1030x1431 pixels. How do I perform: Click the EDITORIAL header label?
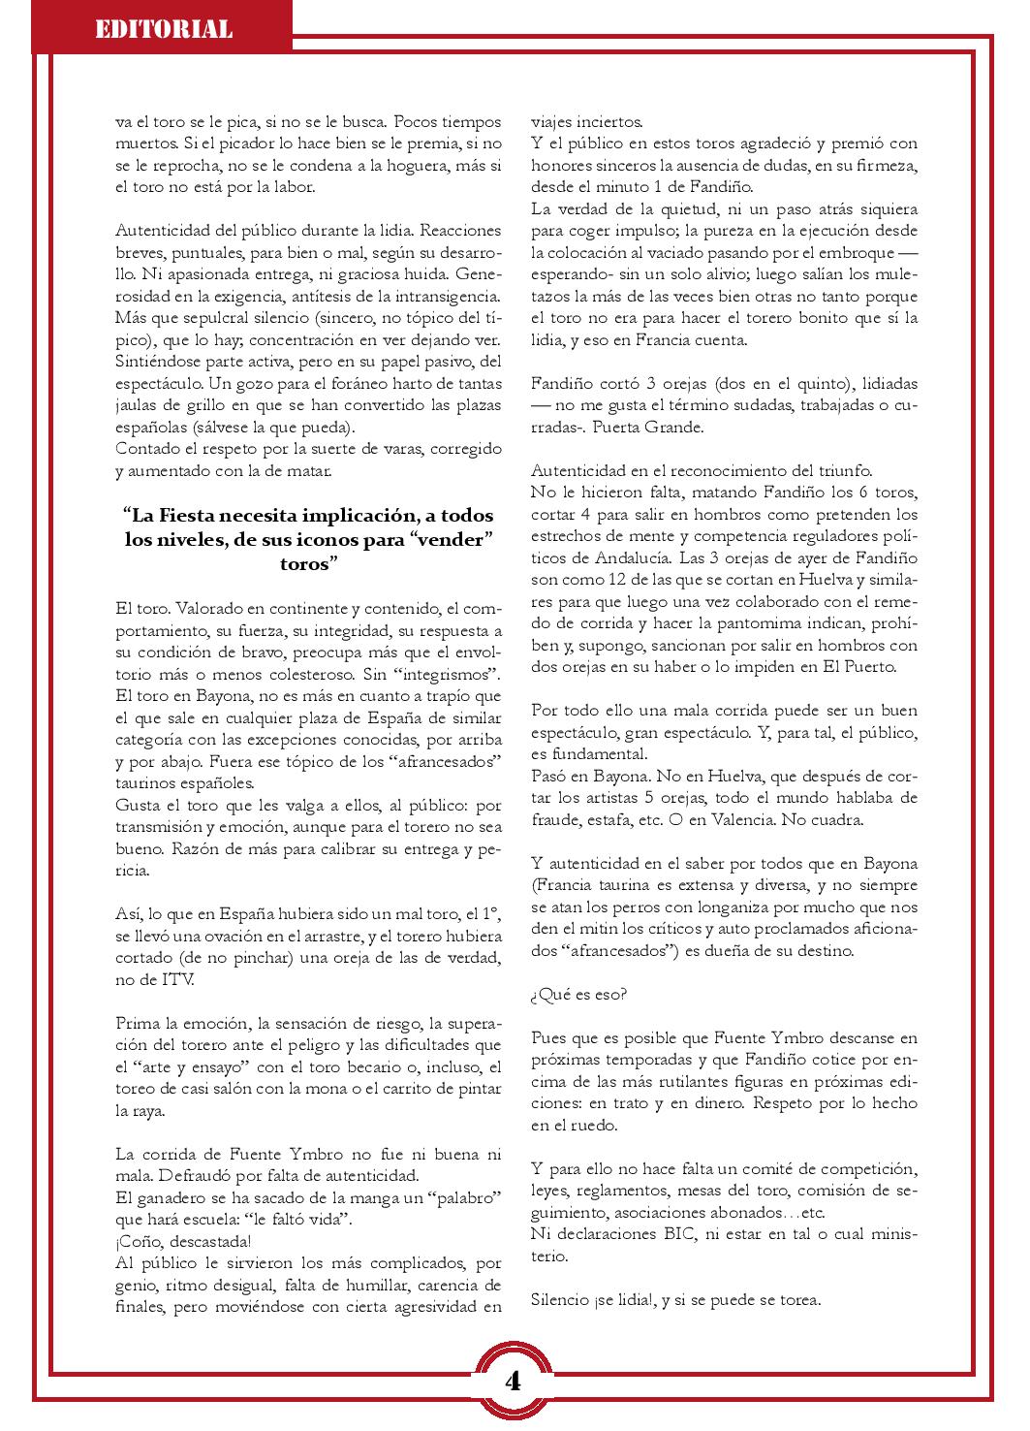(163, 29)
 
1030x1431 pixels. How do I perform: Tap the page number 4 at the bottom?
(513, 1381)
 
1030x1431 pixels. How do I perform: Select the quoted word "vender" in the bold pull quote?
(453, 540)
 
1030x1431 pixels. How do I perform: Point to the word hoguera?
(418, 167)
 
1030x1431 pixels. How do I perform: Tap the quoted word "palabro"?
(461, 1197)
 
